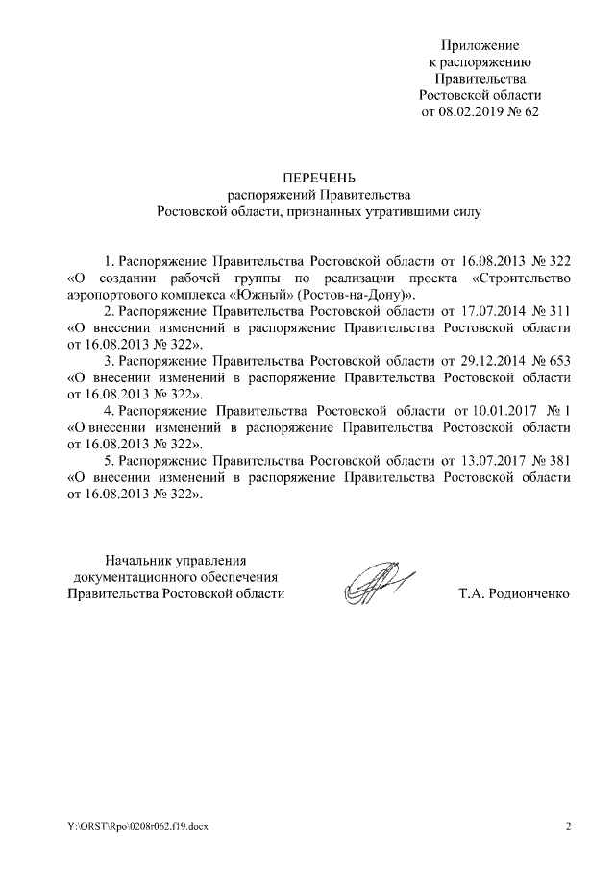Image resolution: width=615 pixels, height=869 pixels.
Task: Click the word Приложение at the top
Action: (x=480, y=45)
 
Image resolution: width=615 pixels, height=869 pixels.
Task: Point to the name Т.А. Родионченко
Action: (x=515, y=594)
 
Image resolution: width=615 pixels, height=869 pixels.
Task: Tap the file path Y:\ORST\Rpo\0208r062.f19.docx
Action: (x=130, y=827)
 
